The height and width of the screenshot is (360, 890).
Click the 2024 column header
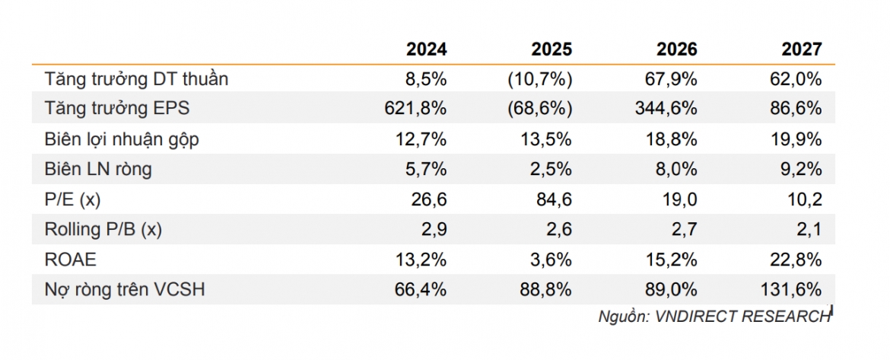(426, 49)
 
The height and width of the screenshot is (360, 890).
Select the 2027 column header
(801, 49)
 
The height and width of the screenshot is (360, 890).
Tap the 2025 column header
(551, 49)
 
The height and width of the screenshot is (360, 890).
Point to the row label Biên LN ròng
(97, 169)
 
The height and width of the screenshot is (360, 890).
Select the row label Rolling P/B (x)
(103, 230)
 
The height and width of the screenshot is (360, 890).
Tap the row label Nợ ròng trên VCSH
(124, 290)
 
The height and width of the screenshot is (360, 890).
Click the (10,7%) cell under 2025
(540, 79)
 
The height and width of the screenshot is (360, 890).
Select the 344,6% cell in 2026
(666, 109)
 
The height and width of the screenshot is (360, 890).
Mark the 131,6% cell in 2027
(790, 290)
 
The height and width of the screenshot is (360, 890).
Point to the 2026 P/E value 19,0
(681, 200)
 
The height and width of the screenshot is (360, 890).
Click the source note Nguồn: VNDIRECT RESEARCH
(714, 317)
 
